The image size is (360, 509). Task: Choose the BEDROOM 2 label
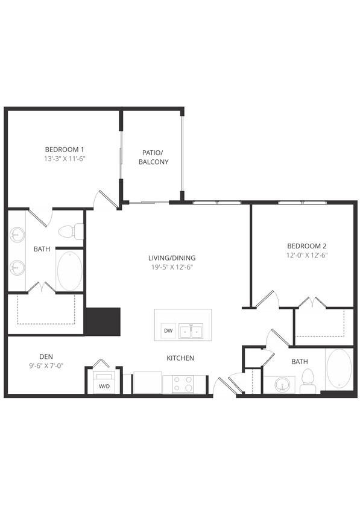coord(306,245)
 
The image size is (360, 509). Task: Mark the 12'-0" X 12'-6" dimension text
coord(306,255)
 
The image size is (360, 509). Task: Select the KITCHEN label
coord(180,358)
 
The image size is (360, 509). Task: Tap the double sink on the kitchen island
coord(195,331)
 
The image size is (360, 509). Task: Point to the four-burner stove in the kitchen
coord(183,384)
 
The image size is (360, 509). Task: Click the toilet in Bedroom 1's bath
coord(70,230)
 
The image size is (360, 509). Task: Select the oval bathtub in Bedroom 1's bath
coord(69,271)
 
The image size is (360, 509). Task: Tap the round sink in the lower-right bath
coord(282,384)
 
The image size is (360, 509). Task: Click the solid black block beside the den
coord(103,321)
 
